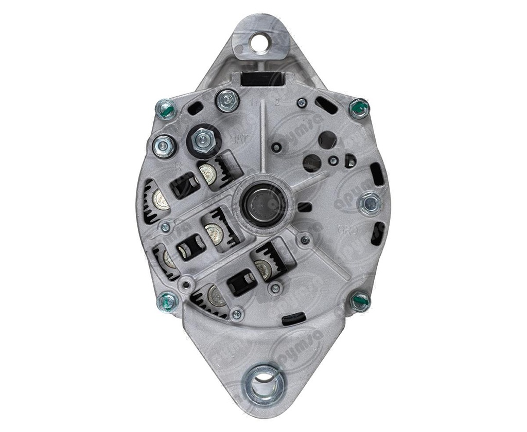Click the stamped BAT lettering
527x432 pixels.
click(238, 139)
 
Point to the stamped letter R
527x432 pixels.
click(178, 166)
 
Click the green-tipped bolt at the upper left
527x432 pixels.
click(165, 109)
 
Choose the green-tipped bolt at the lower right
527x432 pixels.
click(360, 300)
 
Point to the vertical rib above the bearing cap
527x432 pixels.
click(263, 139)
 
